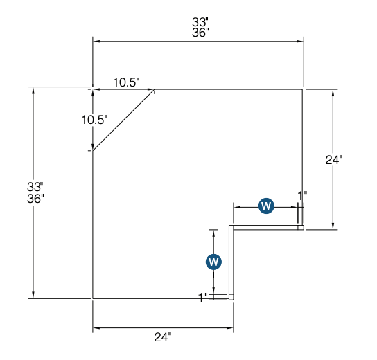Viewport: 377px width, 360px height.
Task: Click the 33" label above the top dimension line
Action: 201,21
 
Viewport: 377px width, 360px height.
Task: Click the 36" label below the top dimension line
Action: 201,33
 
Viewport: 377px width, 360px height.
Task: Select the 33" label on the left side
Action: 35,187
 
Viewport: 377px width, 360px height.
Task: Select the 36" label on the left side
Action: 35,198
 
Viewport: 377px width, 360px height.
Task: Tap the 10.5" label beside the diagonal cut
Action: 94,119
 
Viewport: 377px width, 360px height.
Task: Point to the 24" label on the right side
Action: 334,159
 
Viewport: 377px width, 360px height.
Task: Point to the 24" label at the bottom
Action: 162,337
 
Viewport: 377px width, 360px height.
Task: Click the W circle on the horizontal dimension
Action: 266,206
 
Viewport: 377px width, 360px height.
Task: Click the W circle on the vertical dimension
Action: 214,262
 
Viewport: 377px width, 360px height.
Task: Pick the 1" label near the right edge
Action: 302,195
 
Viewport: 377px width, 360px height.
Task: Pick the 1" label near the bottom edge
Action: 203,297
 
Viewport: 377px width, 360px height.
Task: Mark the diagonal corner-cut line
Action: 123,120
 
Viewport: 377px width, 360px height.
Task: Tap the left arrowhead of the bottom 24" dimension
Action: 96,327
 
